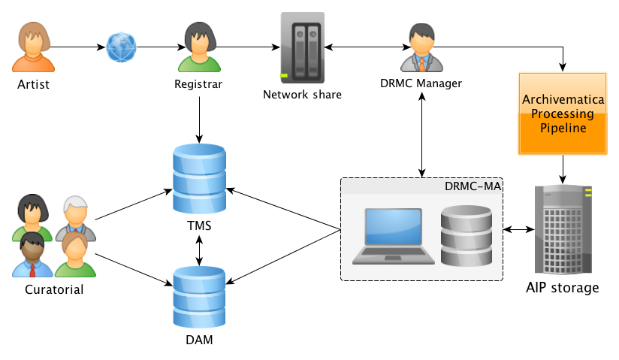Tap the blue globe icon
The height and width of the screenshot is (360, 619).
pos(121,47)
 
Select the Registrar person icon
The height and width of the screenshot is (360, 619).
pos(198,47)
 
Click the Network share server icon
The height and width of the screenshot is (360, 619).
pos(303,47)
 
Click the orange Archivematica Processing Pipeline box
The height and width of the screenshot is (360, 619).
pos(563,113)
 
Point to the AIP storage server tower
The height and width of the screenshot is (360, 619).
pos(563,229)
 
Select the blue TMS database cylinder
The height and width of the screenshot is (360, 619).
pos(199,179)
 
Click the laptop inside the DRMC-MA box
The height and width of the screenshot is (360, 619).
pos(392,236)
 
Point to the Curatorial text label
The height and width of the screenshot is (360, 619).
pos(53,289)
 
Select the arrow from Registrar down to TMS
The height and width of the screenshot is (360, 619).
pos(199,119)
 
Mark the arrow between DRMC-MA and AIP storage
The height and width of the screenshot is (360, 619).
pos(518,229)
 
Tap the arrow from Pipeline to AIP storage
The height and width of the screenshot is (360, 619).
pos(563,169)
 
